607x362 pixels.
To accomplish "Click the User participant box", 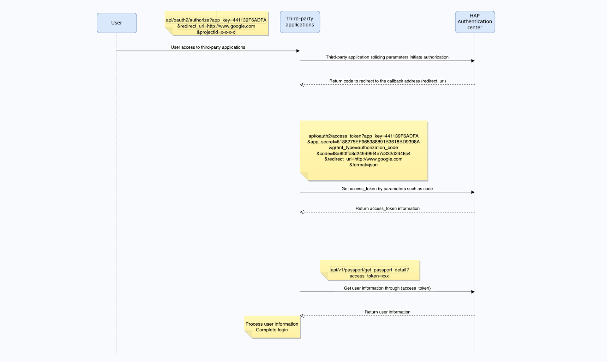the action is click(x=117, y=23).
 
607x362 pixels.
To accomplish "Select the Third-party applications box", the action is click(x=300, y=22).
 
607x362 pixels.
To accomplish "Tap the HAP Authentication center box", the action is click(x=475, y=22).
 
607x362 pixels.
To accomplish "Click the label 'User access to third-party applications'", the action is click(x=208, y=47).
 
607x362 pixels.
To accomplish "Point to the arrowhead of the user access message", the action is click(x=298, y=51).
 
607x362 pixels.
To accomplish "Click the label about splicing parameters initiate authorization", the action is click(x=387, y=57).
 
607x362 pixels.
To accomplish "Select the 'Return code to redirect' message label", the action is click(x=388, y=81).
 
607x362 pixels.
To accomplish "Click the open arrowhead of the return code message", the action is click(x=302, y=85).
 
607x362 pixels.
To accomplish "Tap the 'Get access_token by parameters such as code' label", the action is click(x=387, y=189).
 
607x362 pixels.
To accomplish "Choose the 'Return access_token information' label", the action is click(x=388, y=208).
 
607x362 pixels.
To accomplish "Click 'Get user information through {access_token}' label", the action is click(x=387, y=288).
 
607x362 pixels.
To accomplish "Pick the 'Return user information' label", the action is click(x=388, y=312).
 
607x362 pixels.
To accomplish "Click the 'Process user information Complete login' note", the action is click(x=272, y=327).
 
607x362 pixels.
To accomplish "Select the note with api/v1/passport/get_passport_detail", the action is click(x=370, y=270).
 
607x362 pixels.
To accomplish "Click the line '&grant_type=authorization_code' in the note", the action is click(x=364, y=148).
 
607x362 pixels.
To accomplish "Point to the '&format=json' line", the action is click(x=364, y=165).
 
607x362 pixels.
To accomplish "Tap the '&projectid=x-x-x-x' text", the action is click(x=216, y=32).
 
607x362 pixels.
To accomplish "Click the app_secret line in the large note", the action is click(x=364, y=142).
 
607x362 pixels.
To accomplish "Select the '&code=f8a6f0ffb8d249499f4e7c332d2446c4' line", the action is click(x=364, y=154).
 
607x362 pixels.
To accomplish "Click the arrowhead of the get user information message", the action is click(x=473, y=292).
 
